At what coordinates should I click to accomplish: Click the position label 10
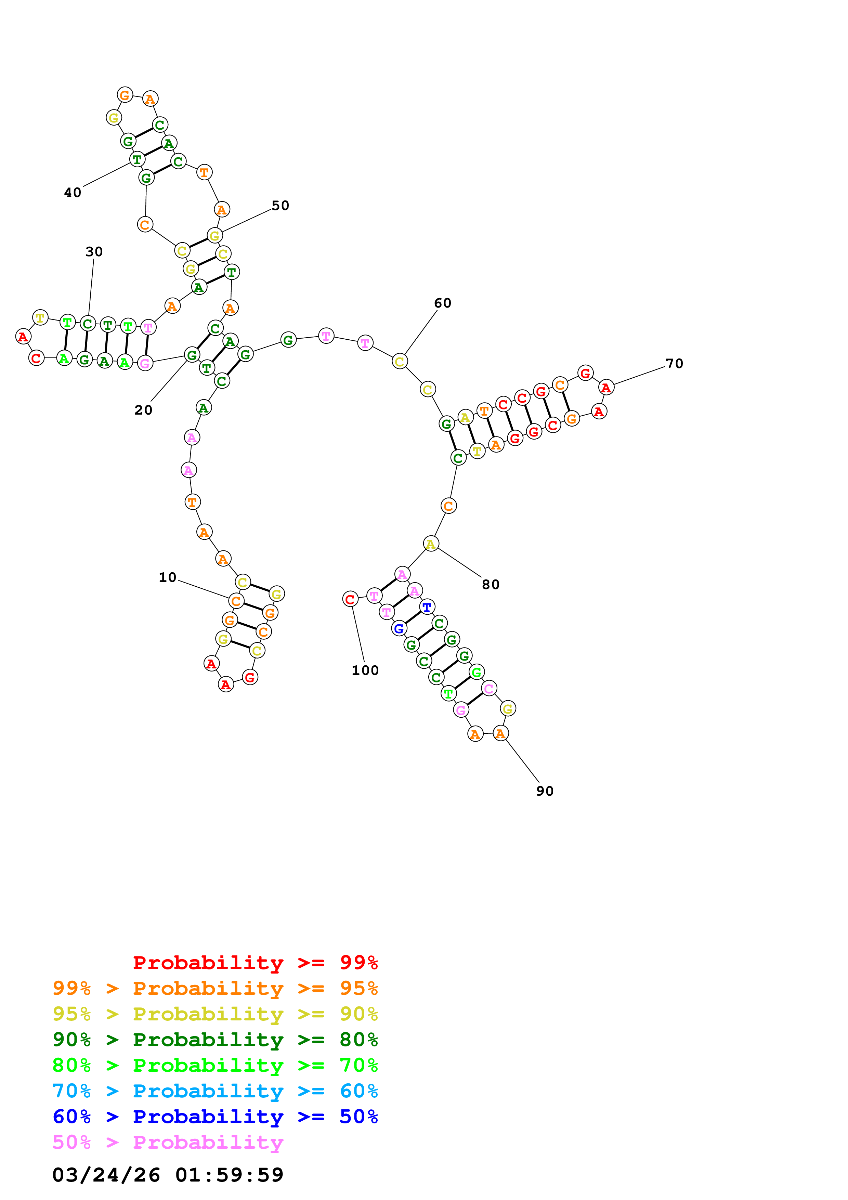tap(167, 577)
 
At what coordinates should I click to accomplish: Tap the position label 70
tap(674, 363)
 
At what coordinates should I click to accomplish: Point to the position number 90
tap(545, 791)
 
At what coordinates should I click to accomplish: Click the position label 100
tap(365, 670)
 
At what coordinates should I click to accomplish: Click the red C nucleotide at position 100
tap(350, 599)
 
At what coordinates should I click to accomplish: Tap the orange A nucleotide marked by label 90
tap(500, 733)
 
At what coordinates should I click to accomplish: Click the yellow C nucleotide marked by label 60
tap(399, 361)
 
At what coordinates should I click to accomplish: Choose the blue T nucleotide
tap(427, 607)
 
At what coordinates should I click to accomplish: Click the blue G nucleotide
tap(399, 628)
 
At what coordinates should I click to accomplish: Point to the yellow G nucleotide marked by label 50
tap(214, 236)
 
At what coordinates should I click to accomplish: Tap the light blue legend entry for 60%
tap(215, 1091)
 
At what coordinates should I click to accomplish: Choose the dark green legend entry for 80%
tap(215, 1040)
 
